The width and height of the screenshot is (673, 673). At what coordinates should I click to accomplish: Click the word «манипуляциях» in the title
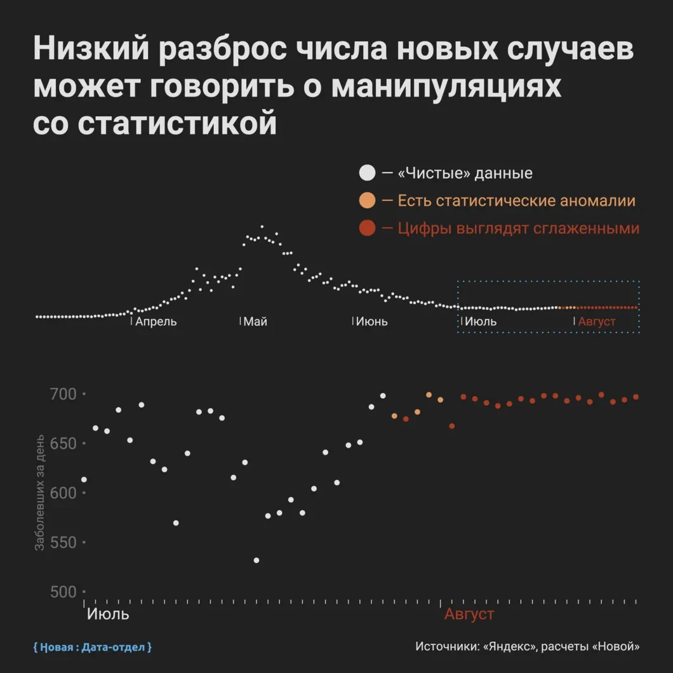(446, 86)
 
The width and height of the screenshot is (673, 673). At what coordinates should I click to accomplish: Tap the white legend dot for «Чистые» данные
(367, 173)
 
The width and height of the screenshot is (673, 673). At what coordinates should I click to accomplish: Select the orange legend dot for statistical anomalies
(367, 201)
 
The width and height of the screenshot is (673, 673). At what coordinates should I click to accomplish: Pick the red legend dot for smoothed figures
(367, 229)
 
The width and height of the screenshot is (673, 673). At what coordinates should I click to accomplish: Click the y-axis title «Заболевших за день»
(39, 492)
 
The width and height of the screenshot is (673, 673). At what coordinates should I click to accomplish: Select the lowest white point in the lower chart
(257, 560)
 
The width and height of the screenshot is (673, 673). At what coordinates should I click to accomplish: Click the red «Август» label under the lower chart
(469, 615)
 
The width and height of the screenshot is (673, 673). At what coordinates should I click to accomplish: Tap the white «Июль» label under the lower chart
(108, 615)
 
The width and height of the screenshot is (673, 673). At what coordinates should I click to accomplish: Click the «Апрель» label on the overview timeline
(156, 321)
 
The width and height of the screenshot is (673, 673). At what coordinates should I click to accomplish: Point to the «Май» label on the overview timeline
(255, 321)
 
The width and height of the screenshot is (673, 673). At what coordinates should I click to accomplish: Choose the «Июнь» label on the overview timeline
(371, 321)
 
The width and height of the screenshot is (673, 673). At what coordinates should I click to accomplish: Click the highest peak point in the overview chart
(262, 227)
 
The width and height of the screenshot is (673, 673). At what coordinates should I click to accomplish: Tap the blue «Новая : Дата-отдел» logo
(93, 648)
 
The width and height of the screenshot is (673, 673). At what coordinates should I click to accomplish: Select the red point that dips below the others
(452, 426)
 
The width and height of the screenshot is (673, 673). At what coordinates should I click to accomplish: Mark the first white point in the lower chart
(84, 479)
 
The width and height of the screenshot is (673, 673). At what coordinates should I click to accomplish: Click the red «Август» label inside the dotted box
(597, 321)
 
